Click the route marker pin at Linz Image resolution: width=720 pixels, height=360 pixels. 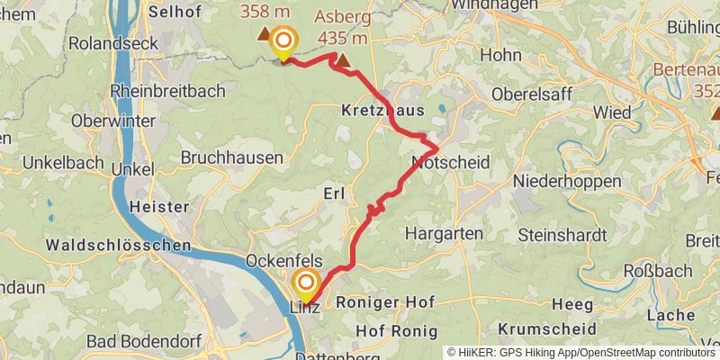coord(305,285)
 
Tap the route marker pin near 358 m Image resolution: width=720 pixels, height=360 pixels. coord(283,41)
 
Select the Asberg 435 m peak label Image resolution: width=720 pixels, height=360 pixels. coord(341,27)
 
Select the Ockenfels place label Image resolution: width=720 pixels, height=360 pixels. coord(284,261)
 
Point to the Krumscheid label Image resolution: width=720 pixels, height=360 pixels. coord(547,328)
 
